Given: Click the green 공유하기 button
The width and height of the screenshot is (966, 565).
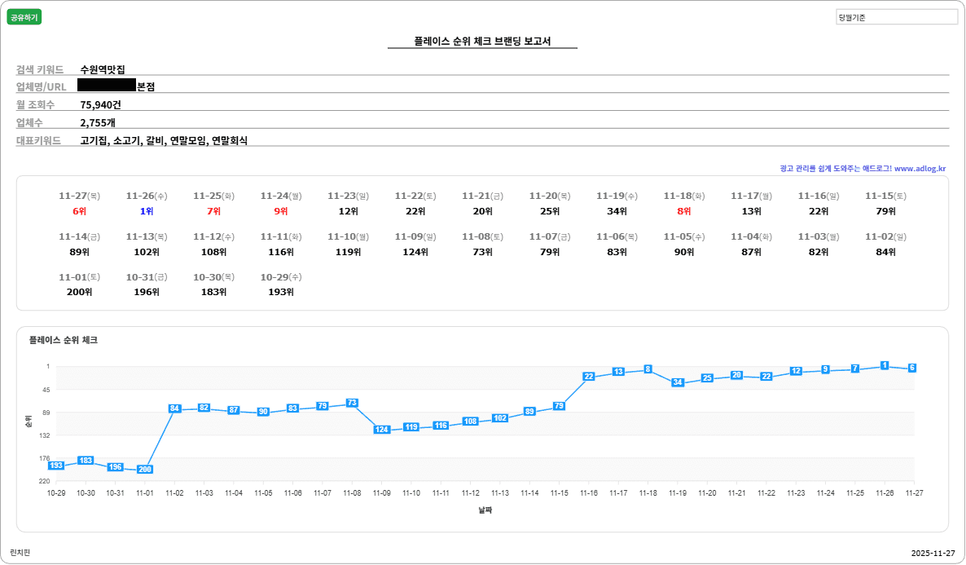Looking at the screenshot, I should pyautogui.click(x=24, y=17).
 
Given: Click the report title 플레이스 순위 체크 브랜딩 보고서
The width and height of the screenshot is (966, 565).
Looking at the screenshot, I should pyautogui.click(x=482, y=41).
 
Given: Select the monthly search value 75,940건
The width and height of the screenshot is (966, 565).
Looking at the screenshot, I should pyautogui.click(x=100, y=104).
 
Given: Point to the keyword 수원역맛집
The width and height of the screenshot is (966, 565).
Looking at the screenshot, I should pyautogui.click(x=103, y=69).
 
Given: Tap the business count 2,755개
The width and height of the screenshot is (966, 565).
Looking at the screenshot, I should pyautogui.click(x=98, y=122).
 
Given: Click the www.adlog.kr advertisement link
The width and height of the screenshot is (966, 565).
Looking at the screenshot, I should pyautogui.click(x=920, y=169).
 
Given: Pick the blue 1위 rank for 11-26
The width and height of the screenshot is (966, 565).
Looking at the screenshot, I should pyautogui.click(x=147, y=211).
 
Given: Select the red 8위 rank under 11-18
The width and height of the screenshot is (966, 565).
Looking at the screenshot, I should pyautogui.click(x=684, y=211).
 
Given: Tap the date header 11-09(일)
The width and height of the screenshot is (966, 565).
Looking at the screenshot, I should pyautogui.click(x=415, y=236).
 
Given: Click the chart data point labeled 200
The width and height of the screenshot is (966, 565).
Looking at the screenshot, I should pyautogui.click(x=145, y=470).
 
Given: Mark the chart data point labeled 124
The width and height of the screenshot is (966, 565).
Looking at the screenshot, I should pyautogui.click(x=381, y=430).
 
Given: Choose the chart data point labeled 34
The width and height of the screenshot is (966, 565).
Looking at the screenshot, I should pyautogui.click(x=678, y=382).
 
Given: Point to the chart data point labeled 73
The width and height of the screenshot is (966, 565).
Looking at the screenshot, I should pyautogui.click(x=352, y=403).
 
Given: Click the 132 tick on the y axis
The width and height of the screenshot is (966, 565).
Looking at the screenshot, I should pyautogui.click(x=45, y=435).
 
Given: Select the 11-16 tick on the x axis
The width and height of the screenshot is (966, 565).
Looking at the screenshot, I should pyautogui.click(x=589, y=493).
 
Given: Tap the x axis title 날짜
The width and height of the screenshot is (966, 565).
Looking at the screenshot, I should pyautogui.click(x=485, y=510).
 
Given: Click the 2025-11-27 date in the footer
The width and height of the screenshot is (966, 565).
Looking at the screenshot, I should pyautogui.click(x=933, y=553).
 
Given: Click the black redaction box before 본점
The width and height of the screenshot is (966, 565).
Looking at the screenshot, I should pyautogui.click(x=107, y=85).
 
